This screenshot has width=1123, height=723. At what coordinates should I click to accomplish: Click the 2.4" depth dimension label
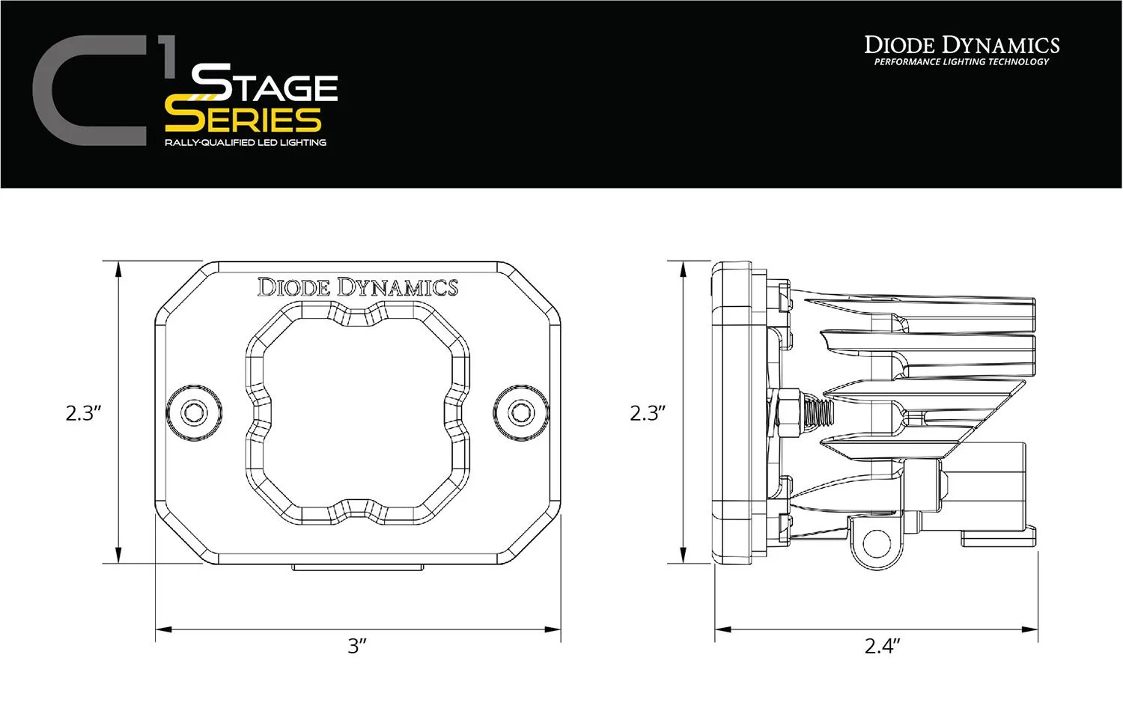(x=882, y=646)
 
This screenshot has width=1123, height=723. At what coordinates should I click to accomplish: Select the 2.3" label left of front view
(x=83, y=413)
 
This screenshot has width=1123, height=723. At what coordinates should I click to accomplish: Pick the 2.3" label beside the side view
(x=648, y=413)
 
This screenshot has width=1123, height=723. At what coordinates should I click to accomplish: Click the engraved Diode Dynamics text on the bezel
(x=358, y=287)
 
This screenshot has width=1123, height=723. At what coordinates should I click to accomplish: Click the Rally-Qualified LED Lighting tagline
(x=246, y=142)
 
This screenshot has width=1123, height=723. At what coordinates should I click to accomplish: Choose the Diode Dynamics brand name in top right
(x=962, y=45)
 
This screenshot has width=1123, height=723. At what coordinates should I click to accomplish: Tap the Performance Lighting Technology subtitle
(x=962, y=62)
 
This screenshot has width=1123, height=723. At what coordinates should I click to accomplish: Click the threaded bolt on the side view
(x=818, y=411)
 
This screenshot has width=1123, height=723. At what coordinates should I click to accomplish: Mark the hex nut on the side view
(x=788, y=414)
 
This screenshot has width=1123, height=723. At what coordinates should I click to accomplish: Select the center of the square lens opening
(x=358, y=413)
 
